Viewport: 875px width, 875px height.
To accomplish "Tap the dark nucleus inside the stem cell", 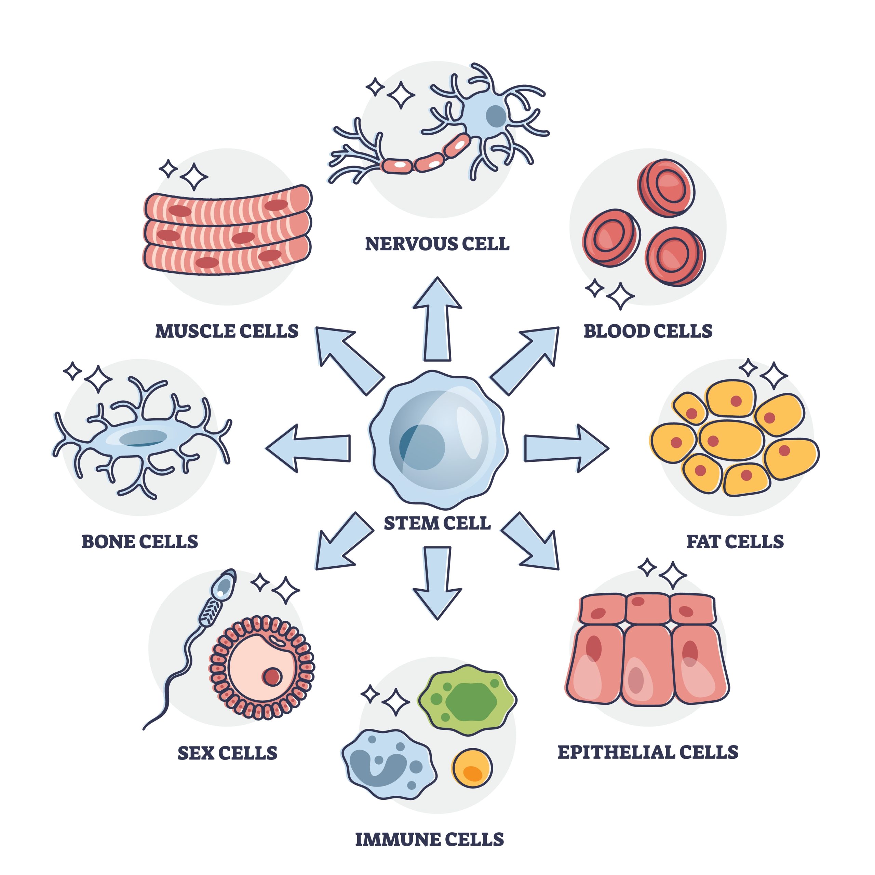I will point(422,447).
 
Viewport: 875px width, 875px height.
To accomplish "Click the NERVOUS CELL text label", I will point(437,244).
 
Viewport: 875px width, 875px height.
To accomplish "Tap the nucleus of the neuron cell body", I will point(496,117).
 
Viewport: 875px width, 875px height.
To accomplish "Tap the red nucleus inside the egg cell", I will point(272,677).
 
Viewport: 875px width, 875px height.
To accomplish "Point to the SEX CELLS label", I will point(227,753).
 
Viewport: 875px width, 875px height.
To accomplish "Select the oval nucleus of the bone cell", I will point(143,438).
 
